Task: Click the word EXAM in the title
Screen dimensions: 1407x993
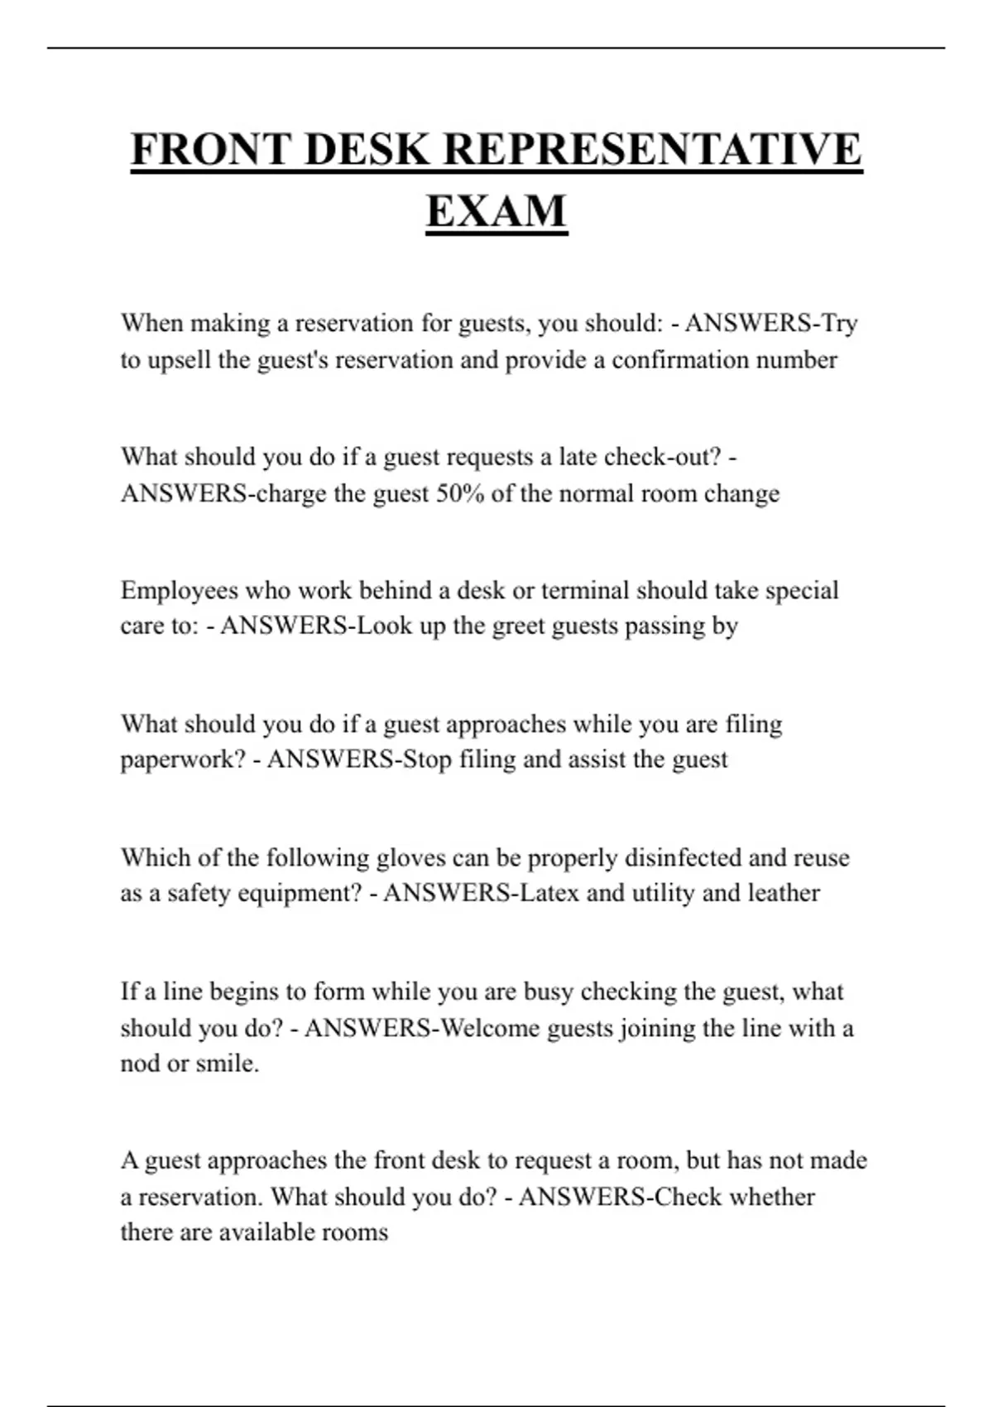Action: click(x=496, y=211)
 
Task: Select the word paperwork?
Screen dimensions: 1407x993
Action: click(x=183, y=761)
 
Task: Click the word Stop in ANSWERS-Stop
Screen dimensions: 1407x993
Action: click(x=427, y=759)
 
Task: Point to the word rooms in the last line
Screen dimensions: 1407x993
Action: click(x=357, y=1232)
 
